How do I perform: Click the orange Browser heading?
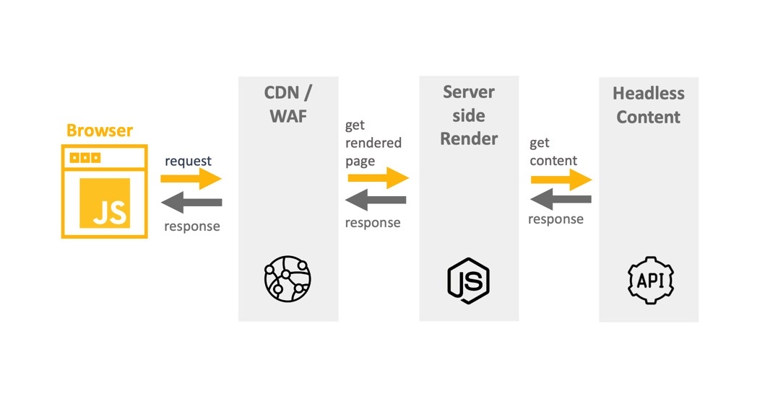pos(100,131)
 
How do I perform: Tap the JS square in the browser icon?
pos(105,203)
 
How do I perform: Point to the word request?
pos(189,161)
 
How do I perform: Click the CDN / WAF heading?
pos(288,105)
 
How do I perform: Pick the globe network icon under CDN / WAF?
pos(288,278)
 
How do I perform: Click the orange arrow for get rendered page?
pos(377,177)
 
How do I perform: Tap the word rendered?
pos(373,143)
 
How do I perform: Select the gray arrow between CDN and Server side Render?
pos(376,200)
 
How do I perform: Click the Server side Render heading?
pos(469,115)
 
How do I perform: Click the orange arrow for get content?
pos(561,180)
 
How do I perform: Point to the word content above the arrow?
pos(553,161)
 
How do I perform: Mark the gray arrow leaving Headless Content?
pos(561,199)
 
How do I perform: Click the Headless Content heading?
pos(648,105)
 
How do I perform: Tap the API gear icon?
pos(649,278)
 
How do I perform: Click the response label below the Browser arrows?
pos(192,226)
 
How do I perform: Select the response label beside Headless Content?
pos(556,219)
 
